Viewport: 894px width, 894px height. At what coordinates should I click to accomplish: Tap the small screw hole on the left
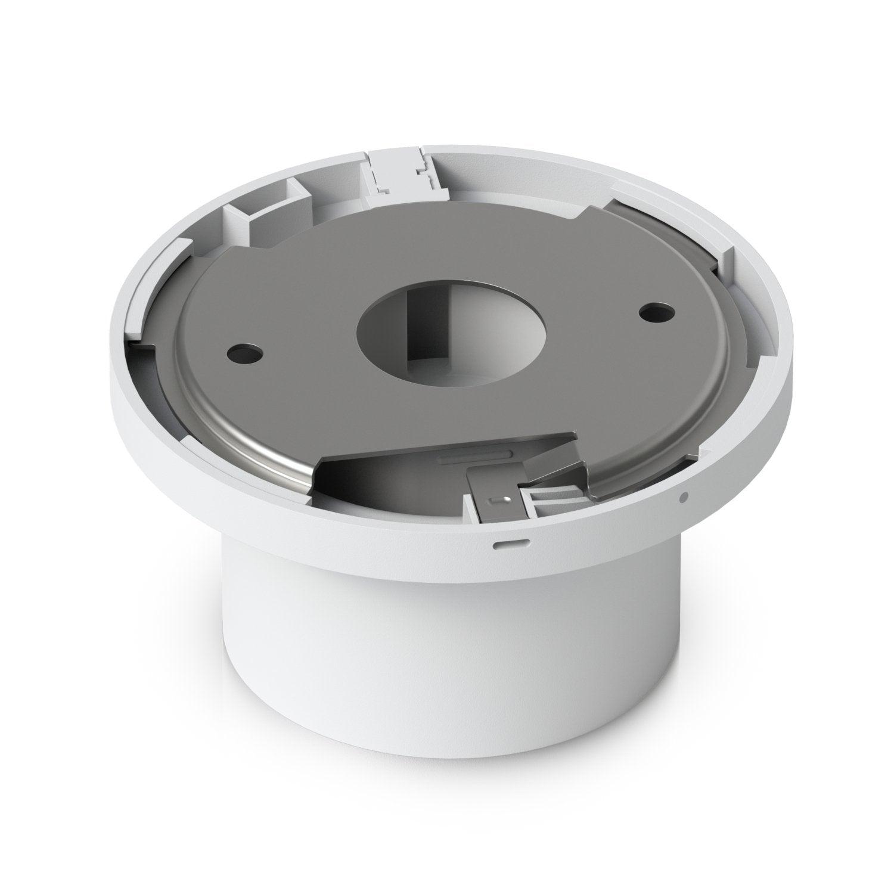tap(244, 352)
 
